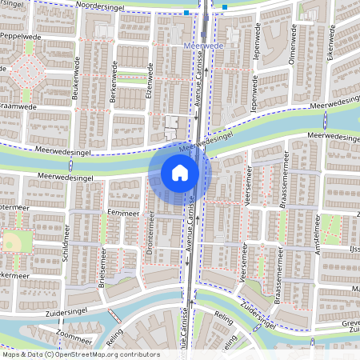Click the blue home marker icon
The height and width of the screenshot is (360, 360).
180,172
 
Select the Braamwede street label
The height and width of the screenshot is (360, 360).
18,105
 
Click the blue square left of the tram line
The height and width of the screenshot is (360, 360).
186,13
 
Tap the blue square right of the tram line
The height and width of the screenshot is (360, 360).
225,8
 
